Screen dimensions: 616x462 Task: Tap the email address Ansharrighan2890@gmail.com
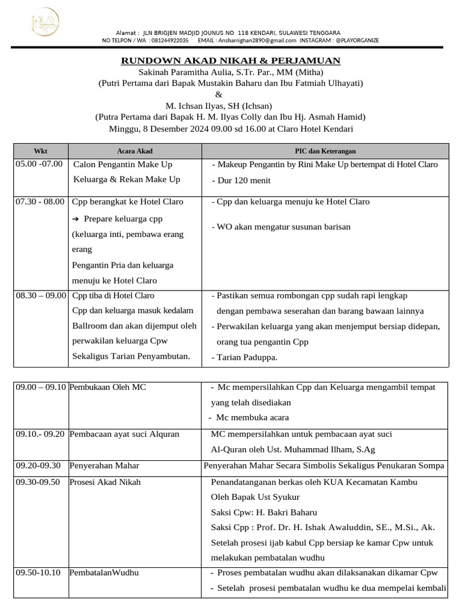click(x=258, y=40)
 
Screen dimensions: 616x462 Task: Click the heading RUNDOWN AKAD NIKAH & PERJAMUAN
click(x=231, y=61)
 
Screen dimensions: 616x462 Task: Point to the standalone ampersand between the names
click(x=218, y=95)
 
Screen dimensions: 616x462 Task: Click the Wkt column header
click(x=40, y=152)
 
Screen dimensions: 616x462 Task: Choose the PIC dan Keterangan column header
click(x=325, y=152)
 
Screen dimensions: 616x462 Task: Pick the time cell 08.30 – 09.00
click(x=40, y=295)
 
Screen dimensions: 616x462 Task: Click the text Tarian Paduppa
click(x=247, y=357)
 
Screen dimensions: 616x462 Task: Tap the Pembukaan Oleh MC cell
click(x=108, y=387)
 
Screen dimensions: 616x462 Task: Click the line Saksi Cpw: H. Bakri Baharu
click(x=263, y=513)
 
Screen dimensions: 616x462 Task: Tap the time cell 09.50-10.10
click(x=38, y=572)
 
